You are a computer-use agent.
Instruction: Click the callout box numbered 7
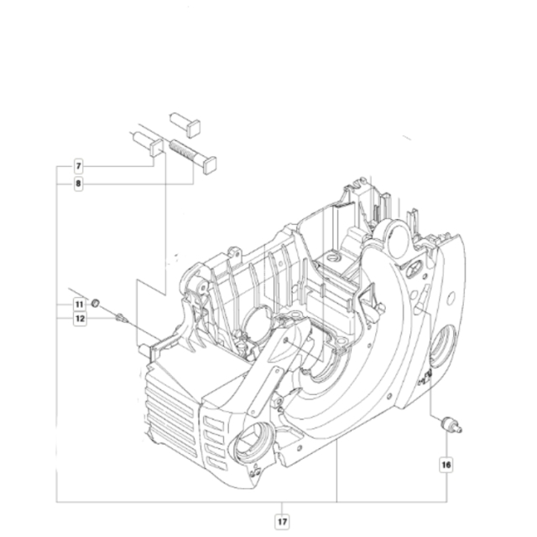78,166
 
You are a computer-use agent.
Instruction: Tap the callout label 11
78,303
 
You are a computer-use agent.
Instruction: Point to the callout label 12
78,318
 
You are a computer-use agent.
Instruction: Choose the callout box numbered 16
446,462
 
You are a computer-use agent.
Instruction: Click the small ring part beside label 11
96,302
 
